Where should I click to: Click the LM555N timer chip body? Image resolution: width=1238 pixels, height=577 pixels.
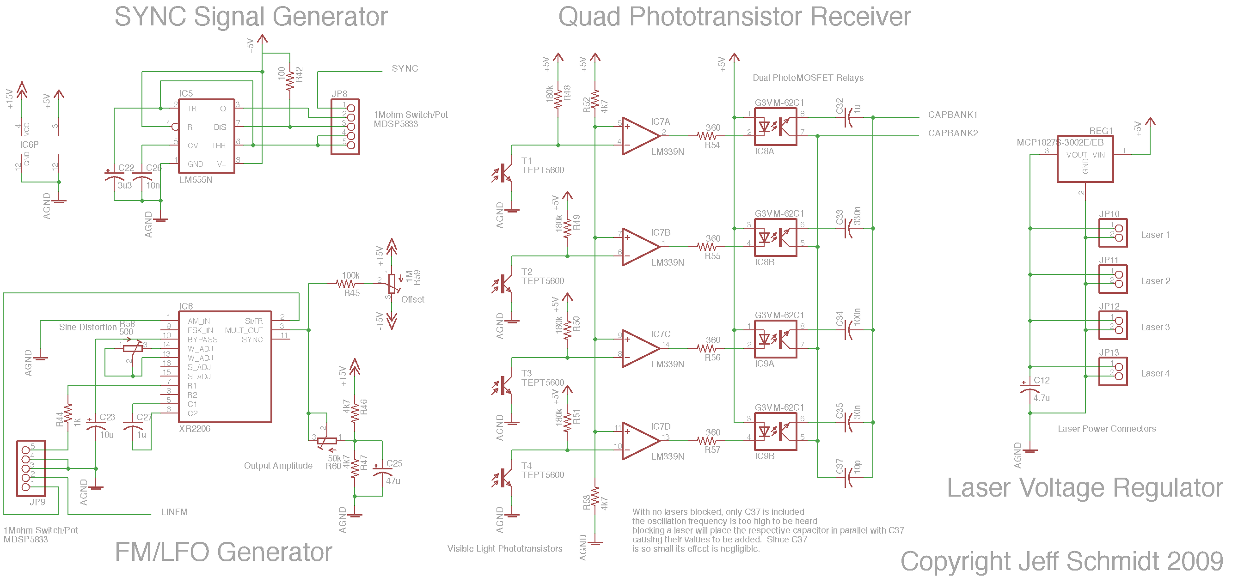(x=206, y=136)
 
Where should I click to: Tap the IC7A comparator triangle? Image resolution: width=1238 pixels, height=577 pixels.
(x=640, y=136)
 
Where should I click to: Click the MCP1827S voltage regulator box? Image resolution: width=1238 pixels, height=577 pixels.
(x=1085, y=159)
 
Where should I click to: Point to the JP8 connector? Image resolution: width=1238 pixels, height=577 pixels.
(x=345, y=127)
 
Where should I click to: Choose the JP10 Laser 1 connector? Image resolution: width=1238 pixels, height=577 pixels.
(x=1113, y=233)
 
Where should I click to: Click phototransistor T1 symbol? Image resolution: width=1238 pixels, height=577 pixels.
(x=503, y=173)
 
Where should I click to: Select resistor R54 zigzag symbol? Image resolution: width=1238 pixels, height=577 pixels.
(x=706, y=136)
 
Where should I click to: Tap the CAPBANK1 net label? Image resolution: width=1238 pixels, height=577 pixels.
(x=952, y=115)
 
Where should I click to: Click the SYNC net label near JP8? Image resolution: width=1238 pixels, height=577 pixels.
(x=404, y=69)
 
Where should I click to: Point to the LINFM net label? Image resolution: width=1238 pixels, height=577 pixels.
(x=174, y=512)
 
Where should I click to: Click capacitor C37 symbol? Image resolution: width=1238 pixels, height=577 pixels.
(x=848, y=478)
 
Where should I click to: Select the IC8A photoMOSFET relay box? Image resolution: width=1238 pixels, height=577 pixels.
(x=775, y=127)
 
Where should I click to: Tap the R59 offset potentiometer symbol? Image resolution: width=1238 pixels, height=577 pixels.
(x=392, y=284)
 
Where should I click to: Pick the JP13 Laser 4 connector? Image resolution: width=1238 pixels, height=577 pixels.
(x=1113, y=371)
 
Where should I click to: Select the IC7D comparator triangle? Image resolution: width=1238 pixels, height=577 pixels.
(x=640, y=441)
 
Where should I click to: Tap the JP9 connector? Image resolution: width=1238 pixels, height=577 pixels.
(x=31, y=468)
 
